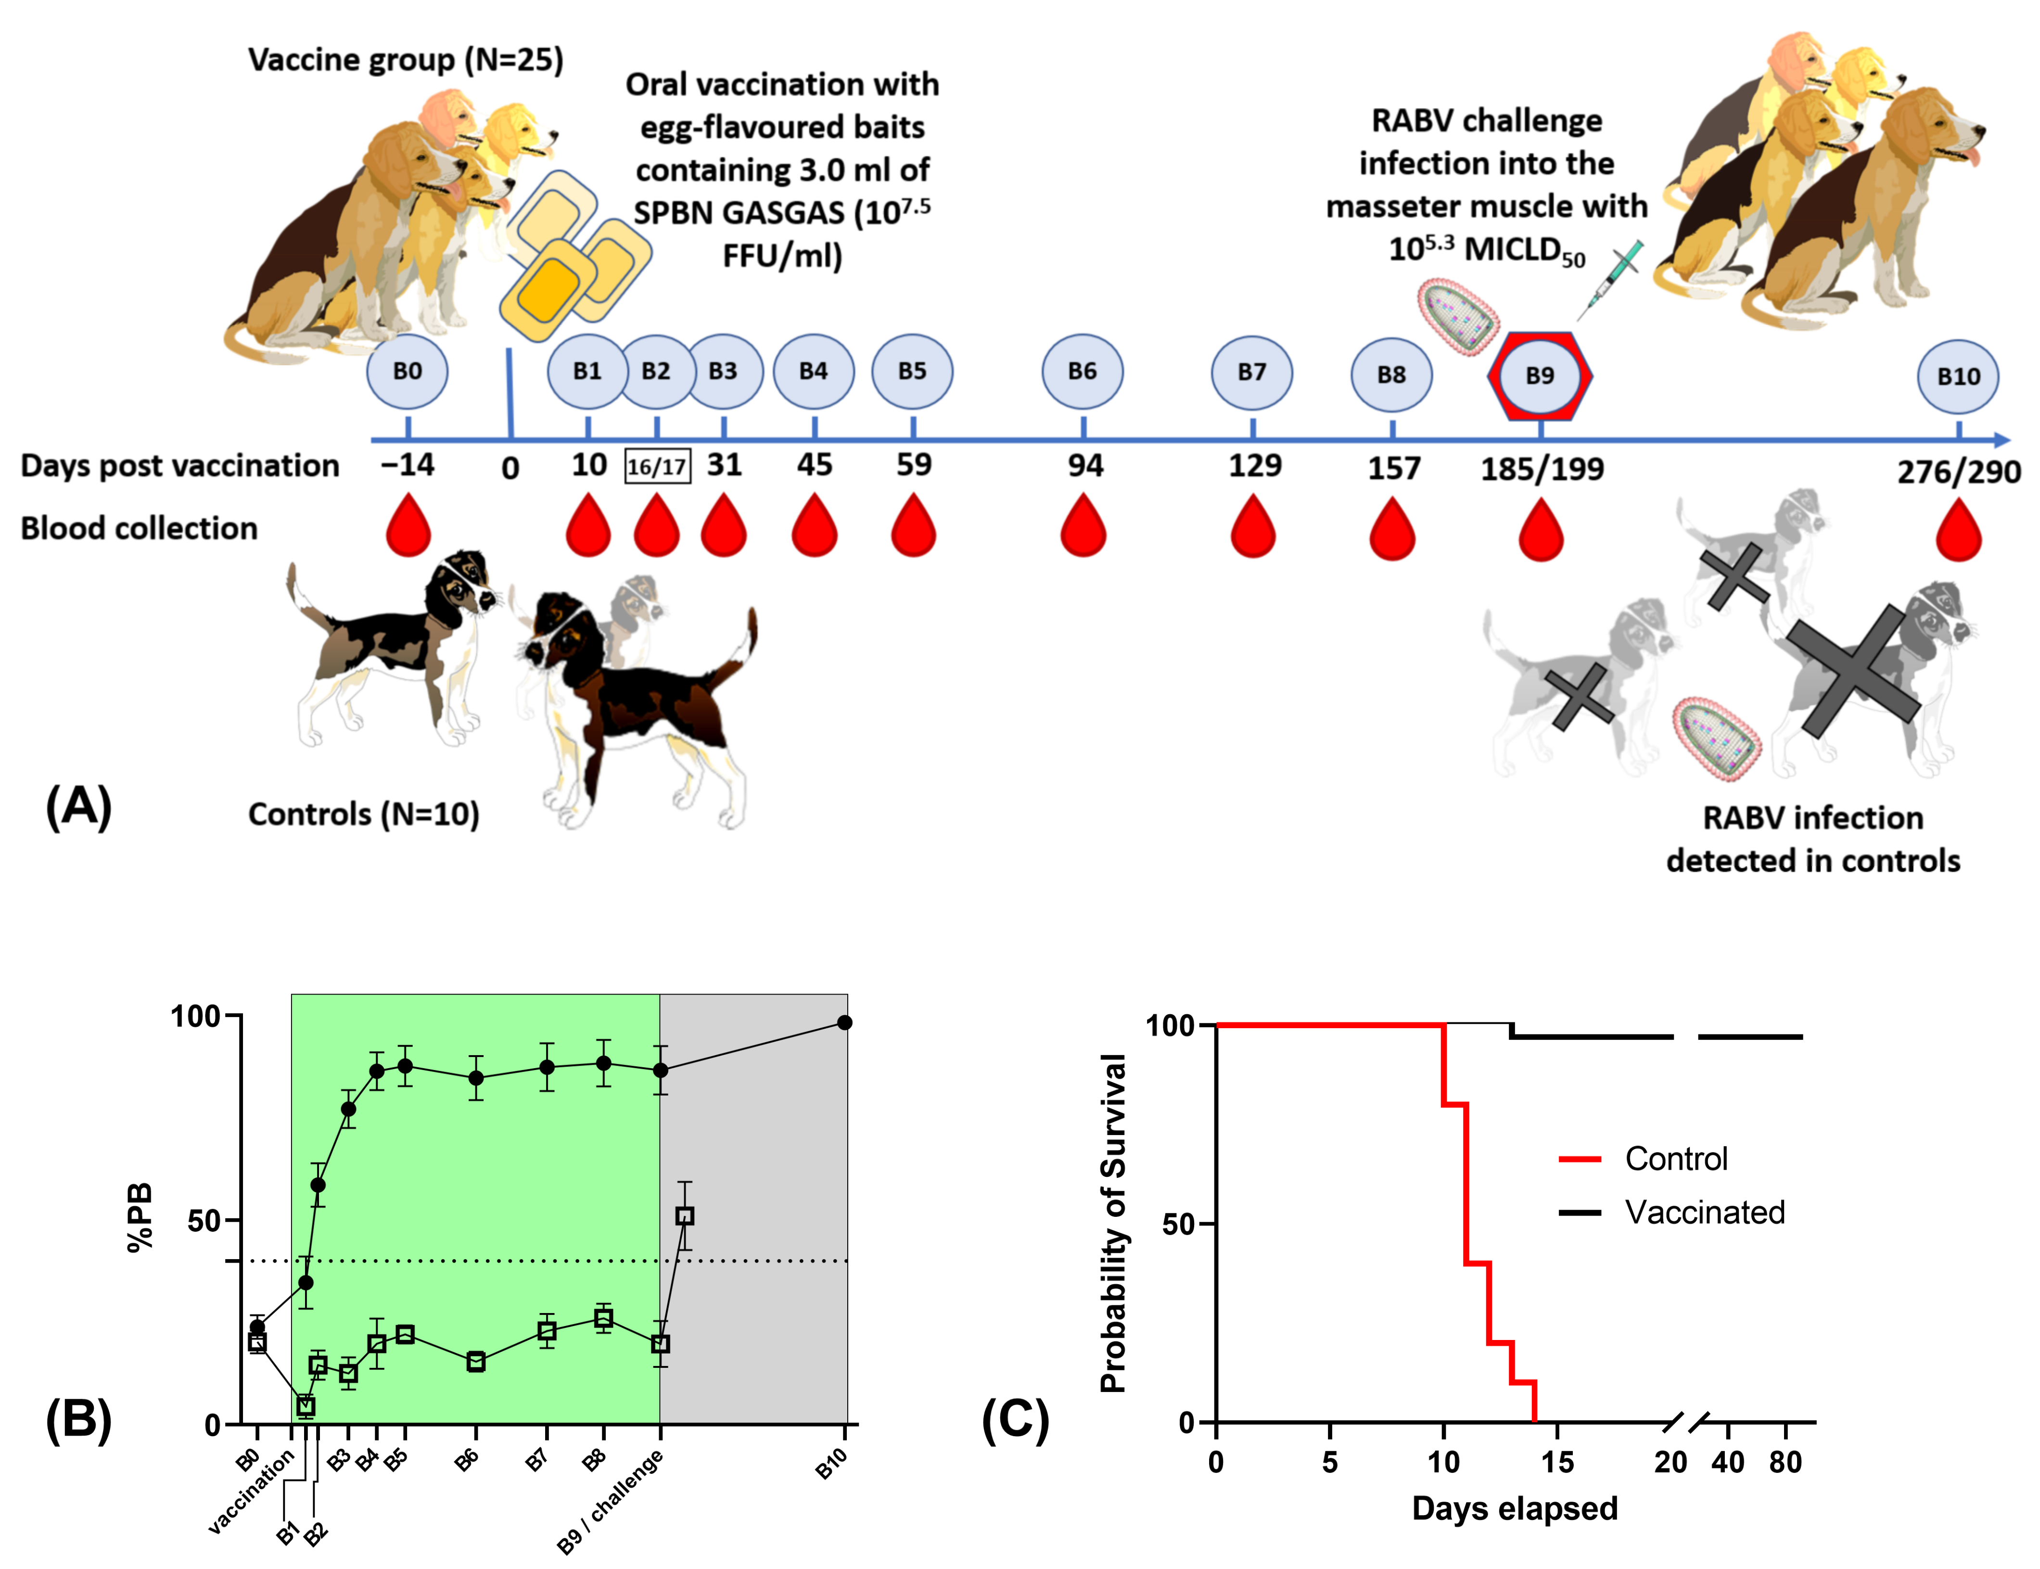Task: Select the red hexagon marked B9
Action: [1540, 375]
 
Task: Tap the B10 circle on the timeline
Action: [1958, 376]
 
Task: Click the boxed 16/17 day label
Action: [657, 466]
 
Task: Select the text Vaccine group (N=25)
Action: [405, 60]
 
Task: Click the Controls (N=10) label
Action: [363, 815]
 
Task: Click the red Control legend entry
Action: [1643, 1159]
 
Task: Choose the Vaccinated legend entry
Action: [1671, 1212]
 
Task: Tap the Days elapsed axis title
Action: [1514, 1508]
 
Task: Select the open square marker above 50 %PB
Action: [684, 1216]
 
